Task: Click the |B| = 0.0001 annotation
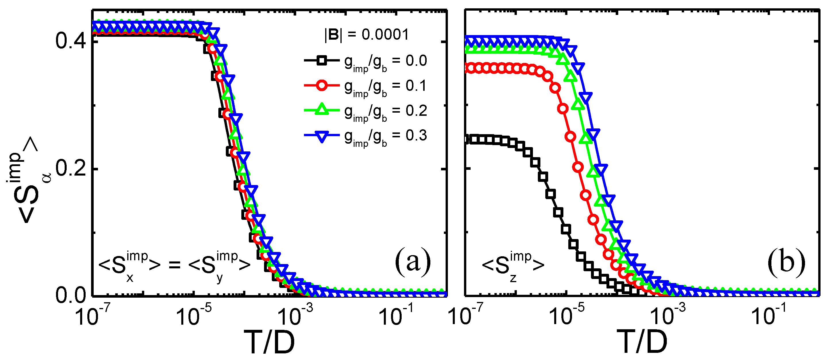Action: pos(366,35)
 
